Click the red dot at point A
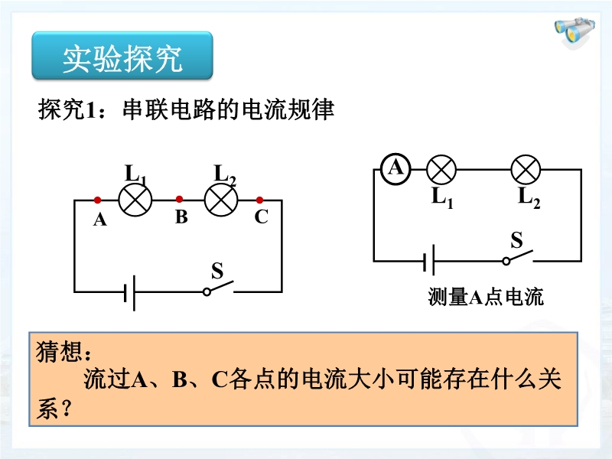pos(98,200)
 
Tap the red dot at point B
pos(179,200)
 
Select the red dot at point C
pos(259,200)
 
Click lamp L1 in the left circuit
pos(135,200)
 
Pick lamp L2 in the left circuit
pos(221,200)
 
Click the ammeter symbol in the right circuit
pos(396,169)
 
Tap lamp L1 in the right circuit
pos(441,170)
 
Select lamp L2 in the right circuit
pos(526,170)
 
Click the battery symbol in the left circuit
pos(129,293)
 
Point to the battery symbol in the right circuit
pos(429,261)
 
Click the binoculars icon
pos(575,31)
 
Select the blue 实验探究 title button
pos(122,55)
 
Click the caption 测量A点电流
pos(486,297)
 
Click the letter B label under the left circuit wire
pos(181,217)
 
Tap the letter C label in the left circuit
pos(261,216)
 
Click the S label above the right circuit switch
pos(516,239)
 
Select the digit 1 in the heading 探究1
pos(90,110)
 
